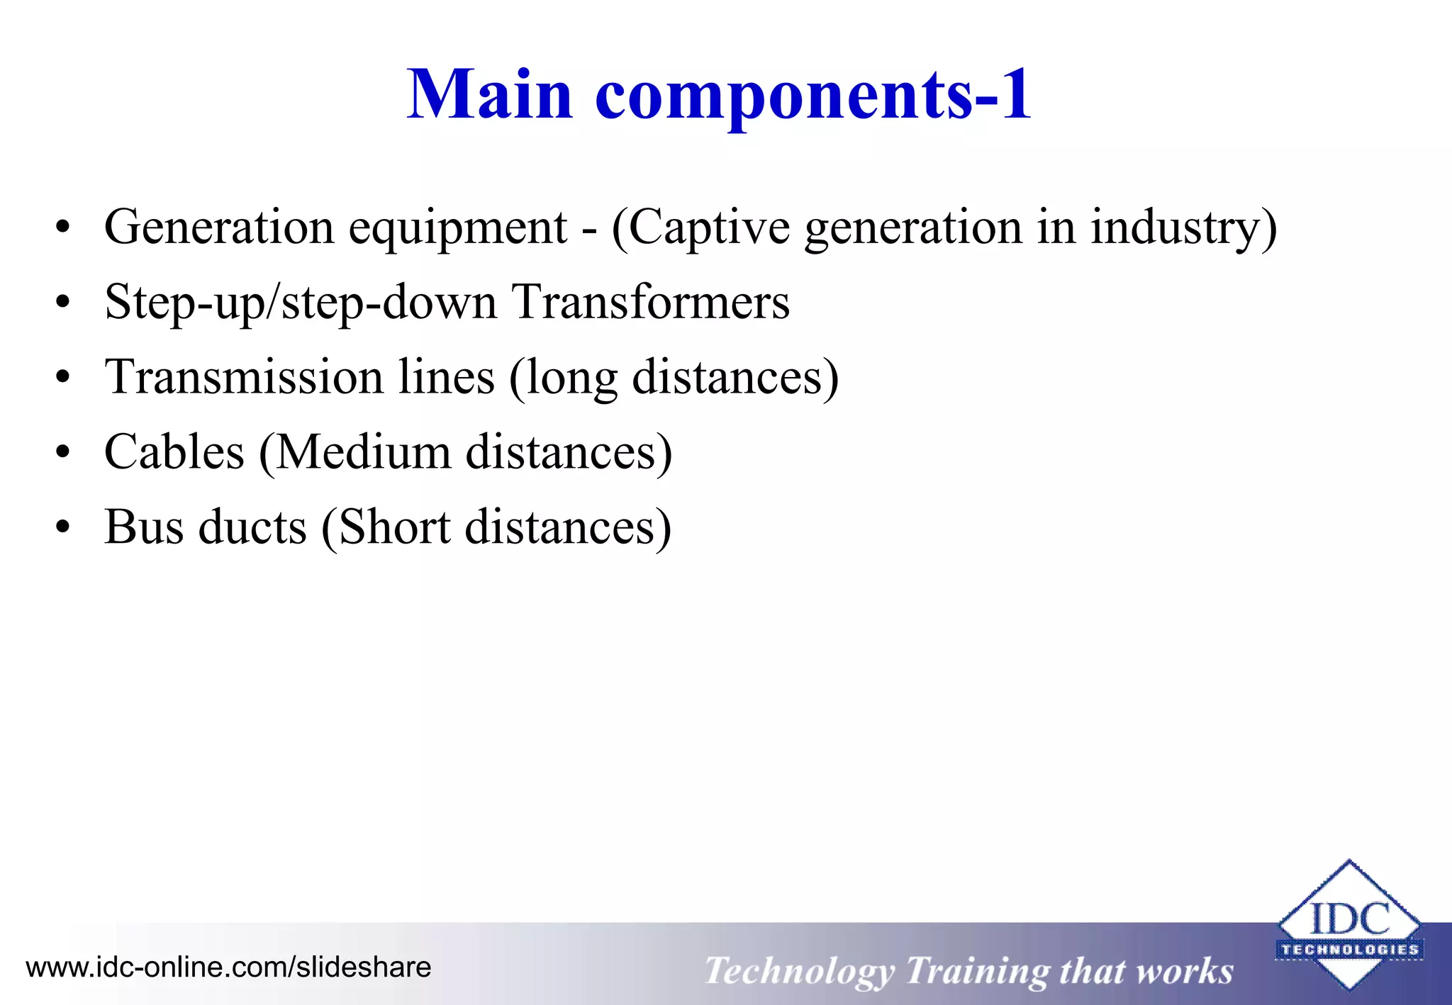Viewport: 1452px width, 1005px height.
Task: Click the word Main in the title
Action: pos(489,95)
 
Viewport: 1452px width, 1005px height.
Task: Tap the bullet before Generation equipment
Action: pos(63,228)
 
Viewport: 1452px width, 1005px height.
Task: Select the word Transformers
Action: pos(650,303)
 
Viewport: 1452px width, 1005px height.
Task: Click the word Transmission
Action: pos(245,377)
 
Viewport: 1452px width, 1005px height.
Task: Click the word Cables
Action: pos(174,452)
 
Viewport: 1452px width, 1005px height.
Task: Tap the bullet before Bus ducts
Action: pos(63,527)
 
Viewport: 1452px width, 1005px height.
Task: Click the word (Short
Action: pos(386,528)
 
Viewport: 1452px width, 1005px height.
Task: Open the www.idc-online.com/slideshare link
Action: pos(228,967)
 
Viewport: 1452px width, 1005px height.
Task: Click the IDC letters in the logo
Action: pos(1350,919)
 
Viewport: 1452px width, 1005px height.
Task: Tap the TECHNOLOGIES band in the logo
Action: pos(1350,950)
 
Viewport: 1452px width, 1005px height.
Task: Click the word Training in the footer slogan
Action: pos(978,972)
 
